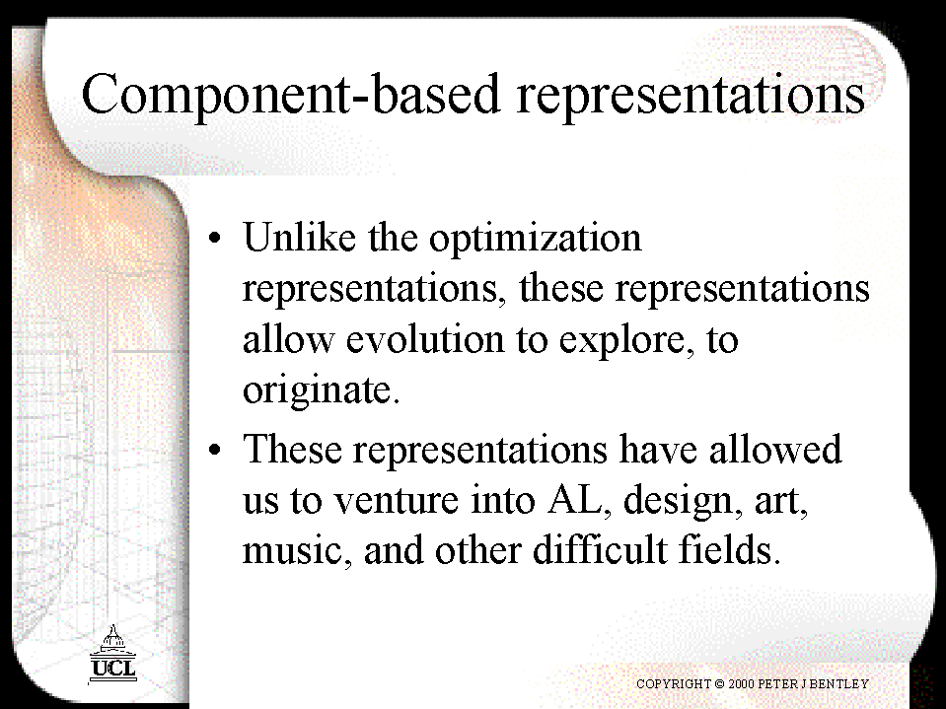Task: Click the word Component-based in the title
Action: click(x=291, y=95)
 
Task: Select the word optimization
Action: click(x=535, y=240)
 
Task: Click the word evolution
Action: click(x=425, y=339)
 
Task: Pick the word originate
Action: click(x=321, y=391)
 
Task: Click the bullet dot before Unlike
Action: click(x=215, y=238)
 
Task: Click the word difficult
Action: click(x=600, y=549)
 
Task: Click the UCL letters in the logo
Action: click(x=112, y=668)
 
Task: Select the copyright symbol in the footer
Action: click(x=719, y=683)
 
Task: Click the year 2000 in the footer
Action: click(x=741, y=683)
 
